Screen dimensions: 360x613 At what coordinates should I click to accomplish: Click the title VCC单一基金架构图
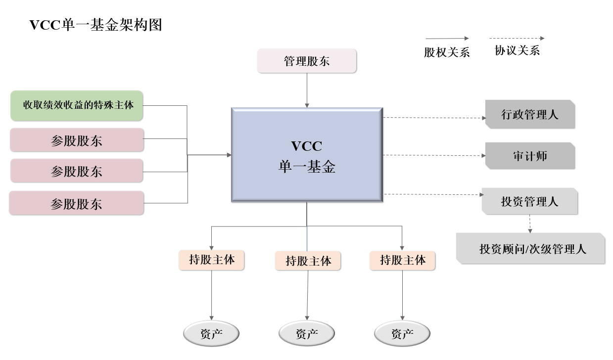(96, 25)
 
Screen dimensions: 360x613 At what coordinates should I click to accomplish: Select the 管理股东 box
(307, 61)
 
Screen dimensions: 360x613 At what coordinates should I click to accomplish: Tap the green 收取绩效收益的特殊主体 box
(77, 105)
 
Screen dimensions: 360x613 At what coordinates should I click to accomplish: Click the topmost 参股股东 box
(77, 140)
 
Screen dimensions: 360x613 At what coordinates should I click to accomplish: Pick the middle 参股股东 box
(77, 171)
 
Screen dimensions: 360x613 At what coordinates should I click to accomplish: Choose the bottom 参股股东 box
(77, 203)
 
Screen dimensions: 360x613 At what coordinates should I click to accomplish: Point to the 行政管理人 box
(530, 115)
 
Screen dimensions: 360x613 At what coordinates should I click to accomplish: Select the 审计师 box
(530, 156)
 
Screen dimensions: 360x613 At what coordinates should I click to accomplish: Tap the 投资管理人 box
(529, 201)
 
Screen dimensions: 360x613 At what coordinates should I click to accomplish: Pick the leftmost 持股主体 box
(212, 260)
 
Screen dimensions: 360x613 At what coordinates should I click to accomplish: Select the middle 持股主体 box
(308, 261)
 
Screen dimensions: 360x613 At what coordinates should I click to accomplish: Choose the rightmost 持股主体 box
(402, 260)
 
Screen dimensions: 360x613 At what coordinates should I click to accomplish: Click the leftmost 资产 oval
(212, 334)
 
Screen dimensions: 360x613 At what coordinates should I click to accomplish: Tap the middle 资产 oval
(307, 334)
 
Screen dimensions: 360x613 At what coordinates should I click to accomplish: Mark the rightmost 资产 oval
(402, 334)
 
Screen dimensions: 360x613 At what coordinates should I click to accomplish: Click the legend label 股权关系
(447, 52)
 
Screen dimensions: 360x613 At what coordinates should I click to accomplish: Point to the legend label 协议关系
(517, 50)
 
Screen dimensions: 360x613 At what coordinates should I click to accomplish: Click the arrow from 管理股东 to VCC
(307, 90)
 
